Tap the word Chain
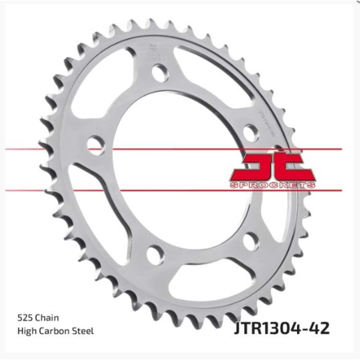click(x=46, y=318)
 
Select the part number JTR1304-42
click(x=281, y=329)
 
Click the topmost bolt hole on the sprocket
click(x=160, y=73)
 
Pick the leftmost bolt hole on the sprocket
click(x=95, y=145)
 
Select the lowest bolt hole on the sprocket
click(x=155, y=255)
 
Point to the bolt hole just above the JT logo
click(x=251, y=133)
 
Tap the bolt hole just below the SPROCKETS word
click(x=251, y=241)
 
